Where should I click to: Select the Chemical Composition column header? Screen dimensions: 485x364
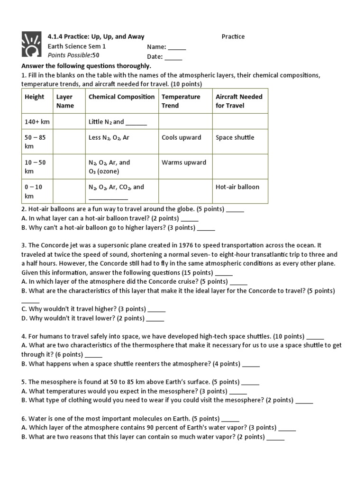coord(122,97)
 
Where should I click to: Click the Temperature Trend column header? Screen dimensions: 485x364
coord(181,101)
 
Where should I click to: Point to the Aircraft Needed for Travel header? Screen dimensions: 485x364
coord(239,101)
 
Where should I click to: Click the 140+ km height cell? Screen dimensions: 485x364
coord(37,122)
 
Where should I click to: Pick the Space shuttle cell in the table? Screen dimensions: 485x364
coord(235,137)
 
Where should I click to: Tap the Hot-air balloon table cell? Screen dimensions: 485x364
coord(237,187)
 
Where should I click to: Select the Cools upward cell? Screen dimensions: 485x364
coord(182,137)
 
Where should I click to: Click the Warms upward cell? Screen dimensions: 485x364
coord(184,162)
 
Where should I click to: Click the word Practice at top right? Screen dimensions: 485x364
coord(233,36)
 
